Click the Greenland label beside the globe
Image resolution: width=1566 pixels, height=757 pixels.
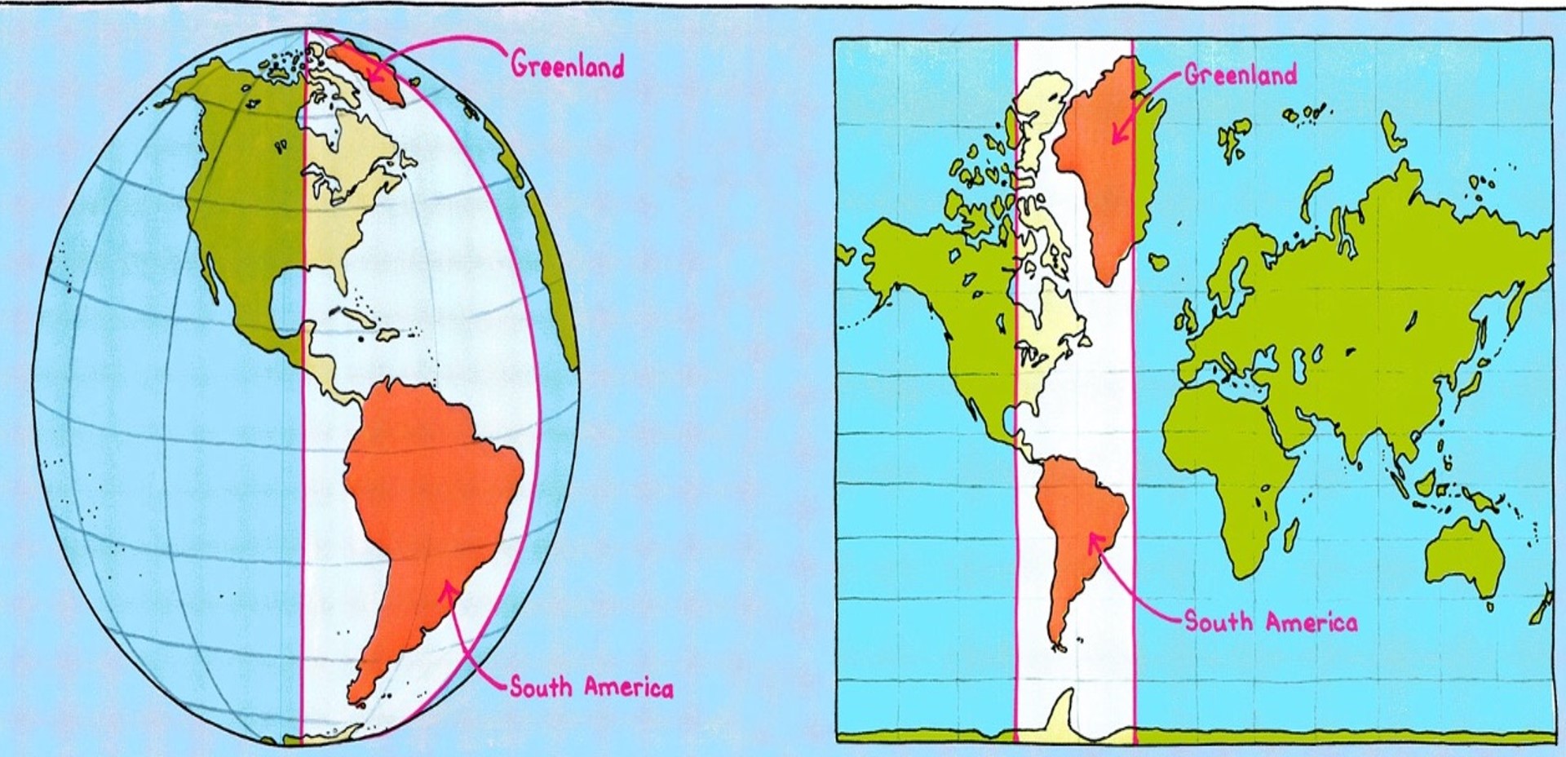[568, 65]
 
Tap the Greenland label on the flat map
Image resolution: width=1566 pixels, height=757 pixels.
[1240, 75]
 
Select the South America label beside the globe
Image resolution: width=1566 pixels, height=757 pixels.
[592, 688]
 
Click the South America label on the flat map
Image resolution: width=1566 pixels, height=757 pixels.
[1271, 622]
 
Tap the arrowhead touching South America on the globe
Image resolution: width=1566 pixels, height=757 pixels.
[447, 588]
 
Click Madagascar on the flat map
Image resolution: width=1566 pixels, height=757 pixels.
[1291, 534]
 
